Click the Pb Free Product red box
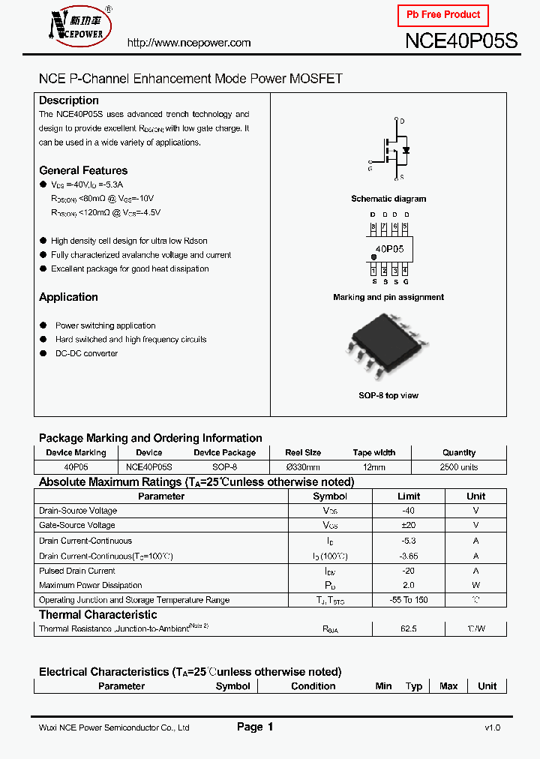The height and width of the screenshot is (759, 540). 443,15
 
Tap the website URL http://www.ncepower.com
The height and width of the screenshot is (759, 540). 189,43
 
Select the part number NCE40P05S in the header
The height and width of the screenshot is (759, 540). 460,41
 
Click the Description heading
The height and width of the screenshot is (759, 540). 69,100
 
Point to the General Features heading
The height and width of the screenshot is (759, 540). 83,170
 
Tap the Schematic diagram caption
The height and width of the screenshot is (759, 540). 388,199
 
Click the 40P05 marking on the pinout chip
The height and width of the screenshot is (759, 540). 389,248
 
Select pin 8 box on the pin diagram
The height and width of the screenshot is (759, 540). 373,226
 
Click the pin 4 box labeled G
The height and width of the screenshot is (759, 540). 405,271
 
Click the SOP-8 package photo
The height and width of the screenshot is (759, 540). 388,349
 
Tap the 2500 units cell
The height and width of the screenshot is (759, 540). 458,467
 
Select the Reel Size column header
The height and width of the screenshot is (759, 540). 303,453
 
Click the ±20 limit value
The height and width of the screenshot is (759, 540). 409,526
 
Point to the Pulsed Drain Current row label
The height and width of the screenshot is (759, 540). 77,571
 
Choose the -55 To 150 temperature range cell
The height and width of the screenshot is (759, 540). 409,600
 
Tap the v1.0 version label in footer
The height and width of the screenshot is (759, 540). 492,727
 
